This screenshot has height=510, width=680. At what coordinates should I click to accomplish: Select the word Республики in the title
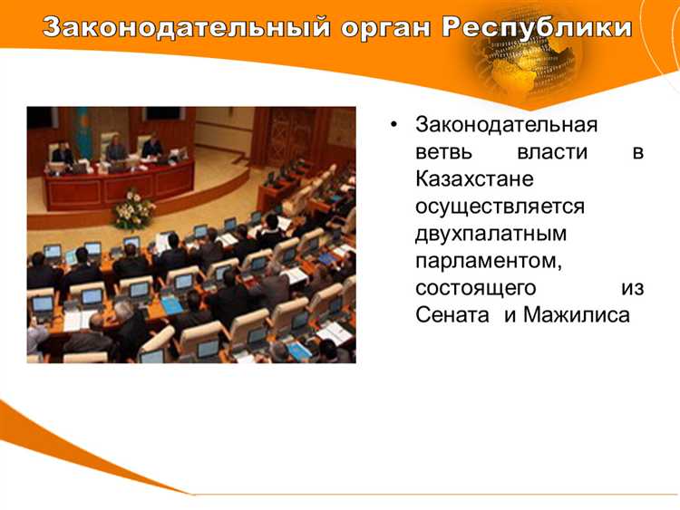pos(538,26)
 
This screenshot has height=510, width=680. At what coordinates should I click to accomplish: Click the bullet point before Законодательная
pos(393,124)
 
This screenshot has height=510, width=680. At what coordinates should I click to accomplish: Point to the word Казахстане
pos(474,178)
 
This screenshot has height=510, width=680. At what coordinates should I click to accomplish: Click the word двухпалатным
pos(491,233)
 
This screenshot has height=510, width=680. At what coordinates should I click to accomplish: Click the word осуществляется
pos(500,206)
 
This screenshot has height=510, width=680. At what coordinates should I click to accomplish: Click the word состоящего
pos(475,288)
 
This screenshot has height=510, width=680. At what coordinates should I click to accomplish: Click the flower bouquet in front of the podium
pos(134,211)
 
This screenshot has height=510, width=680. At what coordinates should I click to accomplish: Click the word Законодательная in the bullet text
pos(506,124)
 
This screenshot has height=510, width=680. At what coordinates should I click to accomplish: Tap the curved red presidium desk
pos(118,186)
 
